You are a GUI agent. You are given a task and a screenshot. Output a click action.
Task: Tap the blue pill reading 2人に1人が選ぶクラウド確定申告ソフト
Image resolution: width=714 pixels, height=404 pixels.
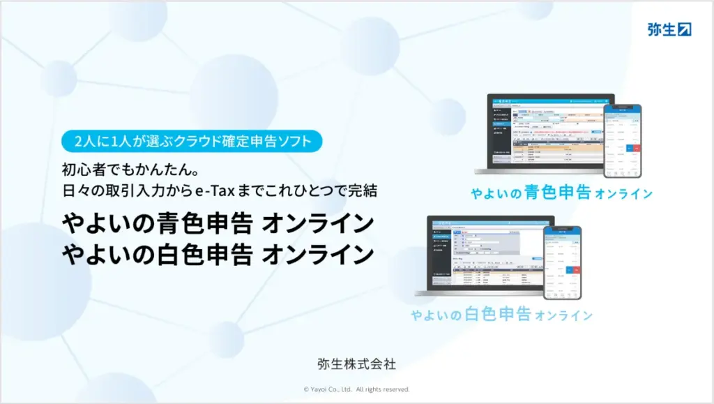click(x=192, y=141)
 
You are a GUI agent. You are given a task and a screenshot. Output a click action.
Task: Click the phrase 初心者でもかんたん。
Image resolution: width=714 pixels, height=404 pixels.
click(x=119, y=170)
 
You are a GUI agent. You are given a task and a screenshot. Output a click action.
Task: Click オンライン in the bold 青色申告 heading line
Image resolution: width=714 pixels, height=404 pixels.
click(x=317, y=224)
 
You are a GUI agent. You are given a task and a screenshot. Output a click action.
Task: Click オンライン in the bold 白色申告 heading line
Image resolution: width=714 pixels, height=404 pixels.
click(x=317, y=254)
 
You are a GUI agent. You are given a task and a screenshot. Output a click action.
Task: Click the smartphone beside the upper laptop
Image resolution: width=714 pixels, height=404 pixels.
click(x=622, y=140)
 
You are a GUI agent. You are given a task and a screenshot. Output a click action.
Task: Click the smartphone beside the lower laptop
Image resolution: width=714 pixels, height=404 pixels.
click(x=562, y=262)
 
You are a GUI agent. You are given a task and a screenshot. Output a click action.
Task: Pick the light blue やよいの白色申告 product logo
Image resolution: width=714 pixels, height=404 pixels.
click(x=501, y=314)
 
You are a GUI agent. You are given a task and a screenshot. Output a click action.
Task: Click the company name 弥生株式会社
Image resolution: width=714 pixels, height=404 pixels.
click(x=357, y=364)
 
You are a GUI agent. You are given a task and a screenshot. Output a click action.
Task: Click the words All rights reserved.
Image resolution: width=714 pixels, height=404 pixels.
click(x=383, y=389)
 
